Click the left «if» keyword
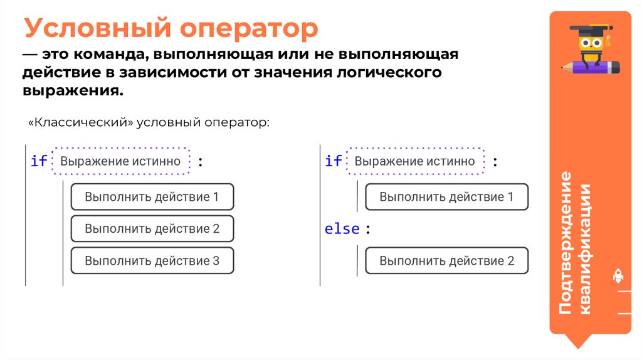[39, 161]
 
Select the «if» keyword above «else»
[334, 161]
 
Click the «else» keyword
[342, 229]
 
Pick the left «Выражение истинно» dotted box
[120, 161]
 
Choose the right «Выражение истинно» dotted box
[415, 161]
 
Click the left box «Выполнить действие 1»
[152, 197]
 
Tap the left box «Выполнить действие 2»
[152, 229]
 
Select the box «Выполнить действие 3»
[152, 261]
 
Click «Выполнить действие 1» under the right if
[446, 197]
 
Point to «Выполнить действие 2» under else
[446, 261]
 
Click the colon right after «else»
[368, 230]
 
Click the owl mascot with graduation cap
[592, 50]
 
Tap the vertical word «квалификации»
[587, 251]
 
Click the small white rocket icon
[618, 276]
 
